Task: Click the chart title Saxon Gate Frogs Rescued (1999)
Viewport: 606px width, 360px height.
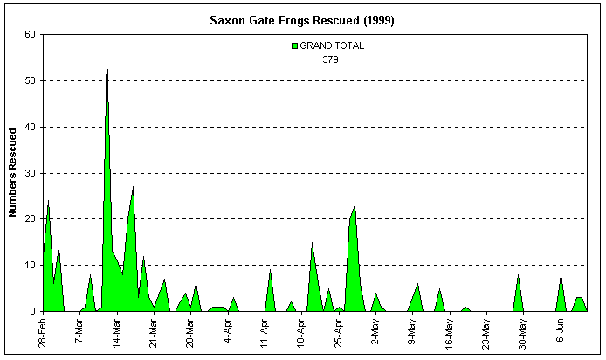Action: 302,20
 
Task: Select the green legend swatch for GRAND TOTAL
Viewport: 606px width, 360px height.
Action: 294,46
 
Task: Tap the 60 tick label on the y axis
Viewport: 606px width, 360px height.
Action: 31,35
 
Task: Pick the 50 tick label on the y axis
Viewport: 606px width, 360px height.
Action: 31,80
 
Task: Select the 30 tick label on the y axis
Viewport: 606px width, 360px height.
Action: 31,173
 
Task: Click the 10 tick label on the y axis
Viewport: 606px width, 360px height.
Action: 31,265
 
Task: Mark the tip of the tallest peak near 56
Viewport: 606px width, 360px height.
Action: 107,53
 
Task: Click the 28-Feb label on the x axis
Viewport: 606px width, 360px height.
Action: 43,333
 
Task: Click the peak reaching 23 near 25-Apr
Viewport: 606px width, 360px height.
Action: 355,205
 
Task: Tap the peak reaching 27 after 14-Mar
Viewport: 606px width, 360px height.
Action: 133,187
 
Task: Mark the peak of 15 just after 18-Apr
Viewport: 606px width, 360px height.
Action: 312,242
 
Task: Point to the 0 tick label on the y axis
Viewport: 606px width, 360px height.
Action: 34,311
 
